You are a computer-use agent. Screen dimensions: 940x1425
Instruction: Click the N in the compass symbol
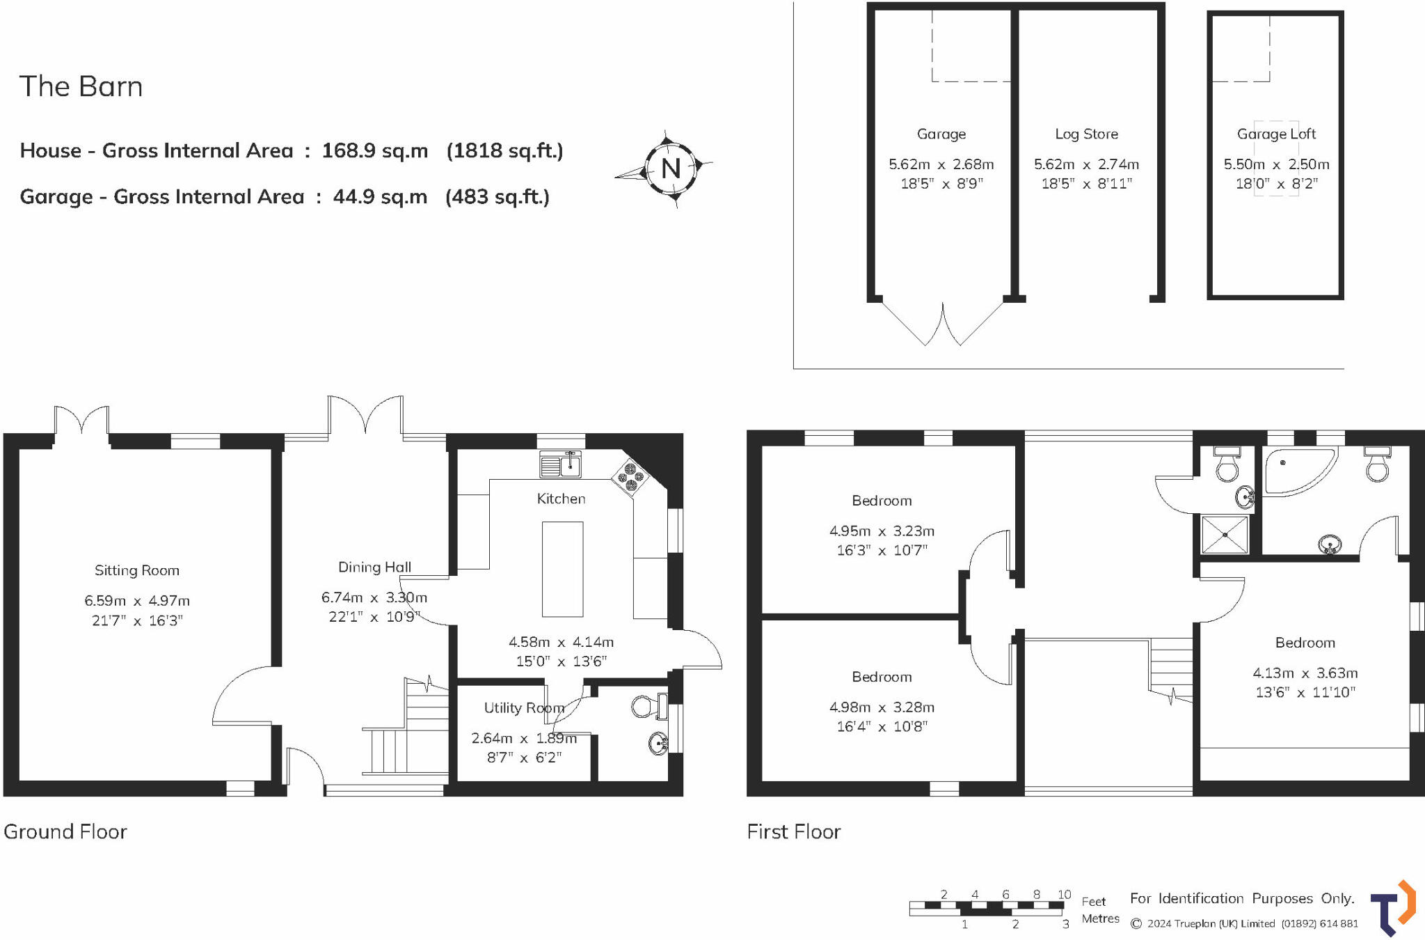(x=670, y=168)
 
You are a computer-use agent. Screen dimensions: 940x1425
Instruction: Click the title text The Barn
(x=81, y=87)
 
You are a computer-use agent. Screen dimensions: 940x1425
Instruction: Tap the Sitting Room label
(x=137, y=570)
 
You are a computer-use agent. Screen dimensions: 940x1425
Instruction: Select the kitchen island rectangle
(x=562, y=569)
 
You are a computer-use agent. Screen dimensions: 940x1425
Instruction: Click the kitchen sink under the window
(x=560, y=464)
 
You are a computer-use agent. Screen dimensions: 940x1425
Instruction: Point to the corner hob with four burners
(x=630, y=477)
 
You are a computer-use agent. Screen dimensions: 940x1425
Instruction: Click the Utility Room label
(x=523, y=707)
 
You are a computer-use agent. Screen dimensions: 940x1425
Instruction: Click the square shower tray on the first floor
(x=1225, y=534)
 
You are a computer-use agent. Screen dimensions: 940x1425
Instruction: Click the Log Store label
(x=1086, y=134)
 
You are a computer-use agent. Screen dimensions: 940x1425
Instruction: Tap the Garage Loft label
(x=1276, y=134)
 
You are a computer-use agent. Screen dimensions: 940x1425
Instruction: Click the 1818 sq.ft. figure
(x=504, y=150)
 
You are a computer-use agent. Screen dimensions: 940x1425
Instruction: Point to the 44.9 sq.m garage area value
(x=380, y=197)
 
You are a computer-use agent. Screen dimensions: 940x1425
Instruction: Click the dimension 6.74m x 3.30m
(x=374, y=597)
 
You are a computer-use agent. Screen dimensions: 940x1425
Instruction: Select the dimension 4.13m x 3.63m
(x=1305, y=673)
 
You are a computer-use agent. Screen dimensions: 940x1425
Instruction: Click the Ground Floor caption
(x=65, y=831)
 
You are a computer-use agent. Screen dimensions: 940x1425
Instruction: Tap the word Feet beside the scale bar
(x=1093, y=901)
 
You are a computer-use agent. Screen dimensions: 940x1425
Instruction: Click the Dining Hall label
(x=374, y=567)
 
